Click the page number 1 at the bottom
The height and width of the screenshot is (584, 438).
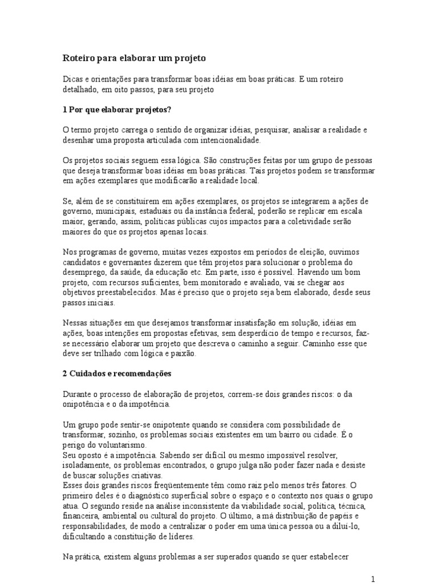tap(373, 579)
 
